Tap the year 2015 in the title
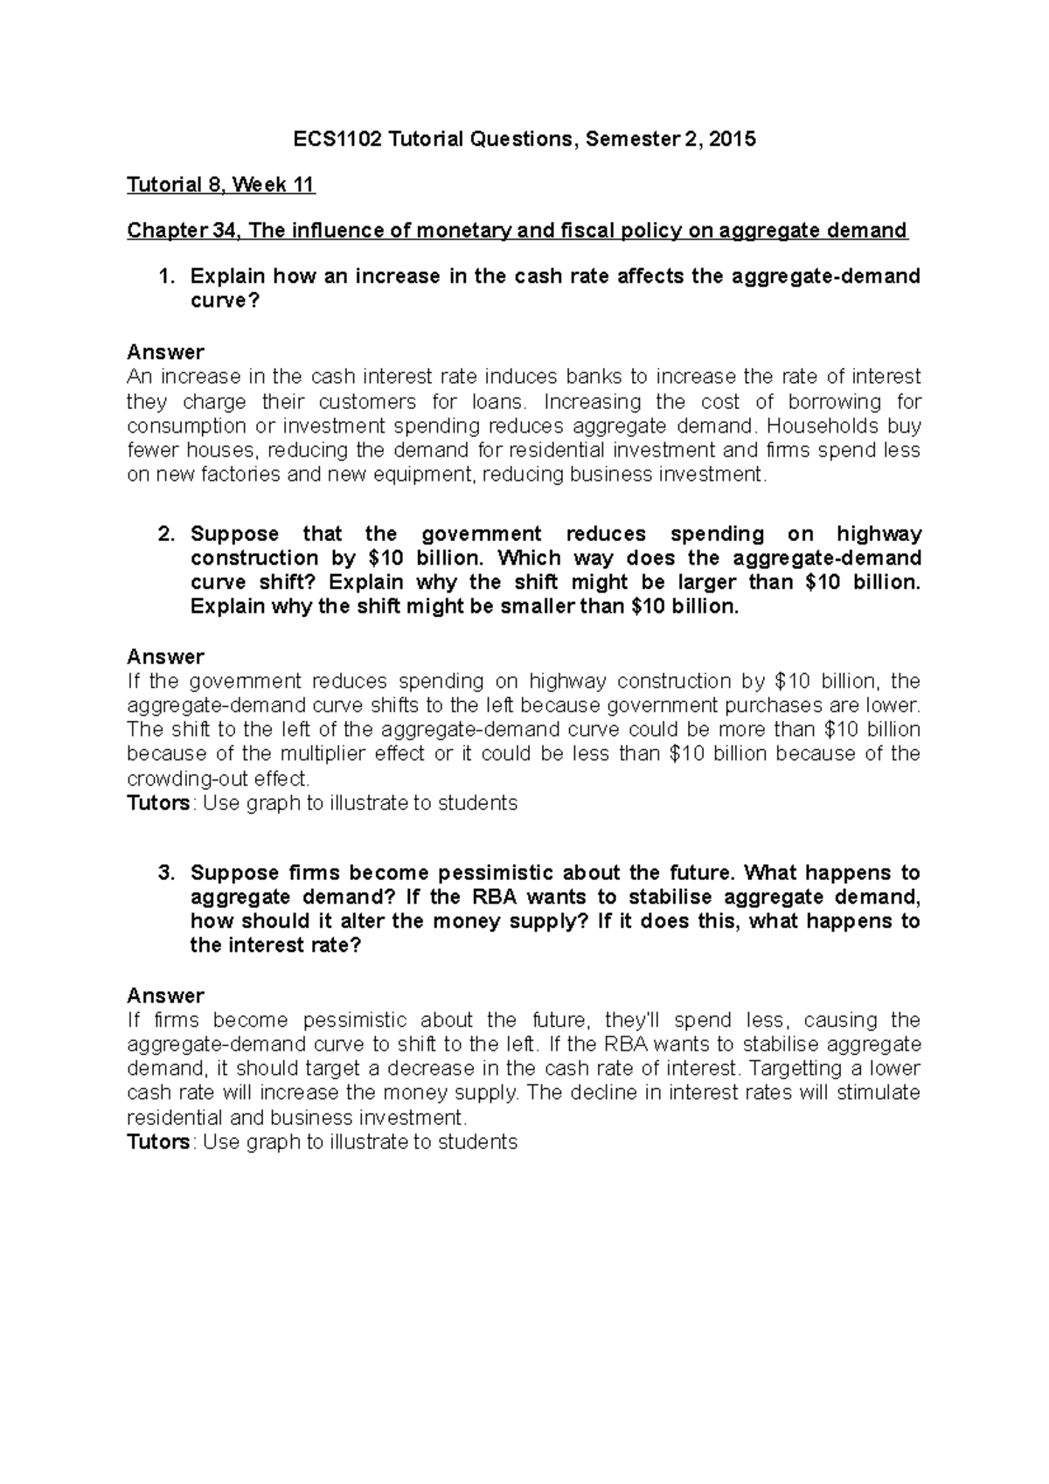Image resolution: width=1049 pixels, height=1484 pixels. click(733, 139)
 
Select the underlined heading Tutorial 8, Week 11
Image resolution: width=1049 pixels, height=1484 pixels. click(221, 184)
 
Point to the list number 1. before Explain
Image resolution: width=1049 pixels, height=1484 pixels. click(166, 277)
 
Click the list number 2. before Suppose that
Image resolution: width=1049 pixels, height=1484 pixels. click(166, 534)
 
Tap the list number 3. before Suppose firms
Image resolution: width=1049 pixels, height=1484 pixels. click(166, 873)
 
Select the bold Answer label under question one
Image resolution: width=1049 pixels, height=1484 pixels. click(165, 352)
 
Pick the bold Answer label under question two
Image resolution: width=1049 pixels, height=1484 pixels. click(165, 656)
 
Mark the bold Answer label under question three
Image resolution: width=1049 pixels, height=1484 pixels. click(165, 995)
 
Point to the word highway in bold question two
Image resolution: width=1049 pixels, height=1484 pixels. click(878, 534)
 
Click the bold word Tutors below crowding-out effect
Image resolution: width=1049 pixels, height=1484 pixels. click(158, 803)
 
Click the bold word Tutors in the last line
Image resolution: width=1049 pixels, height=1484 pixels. click(158, 1142)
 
